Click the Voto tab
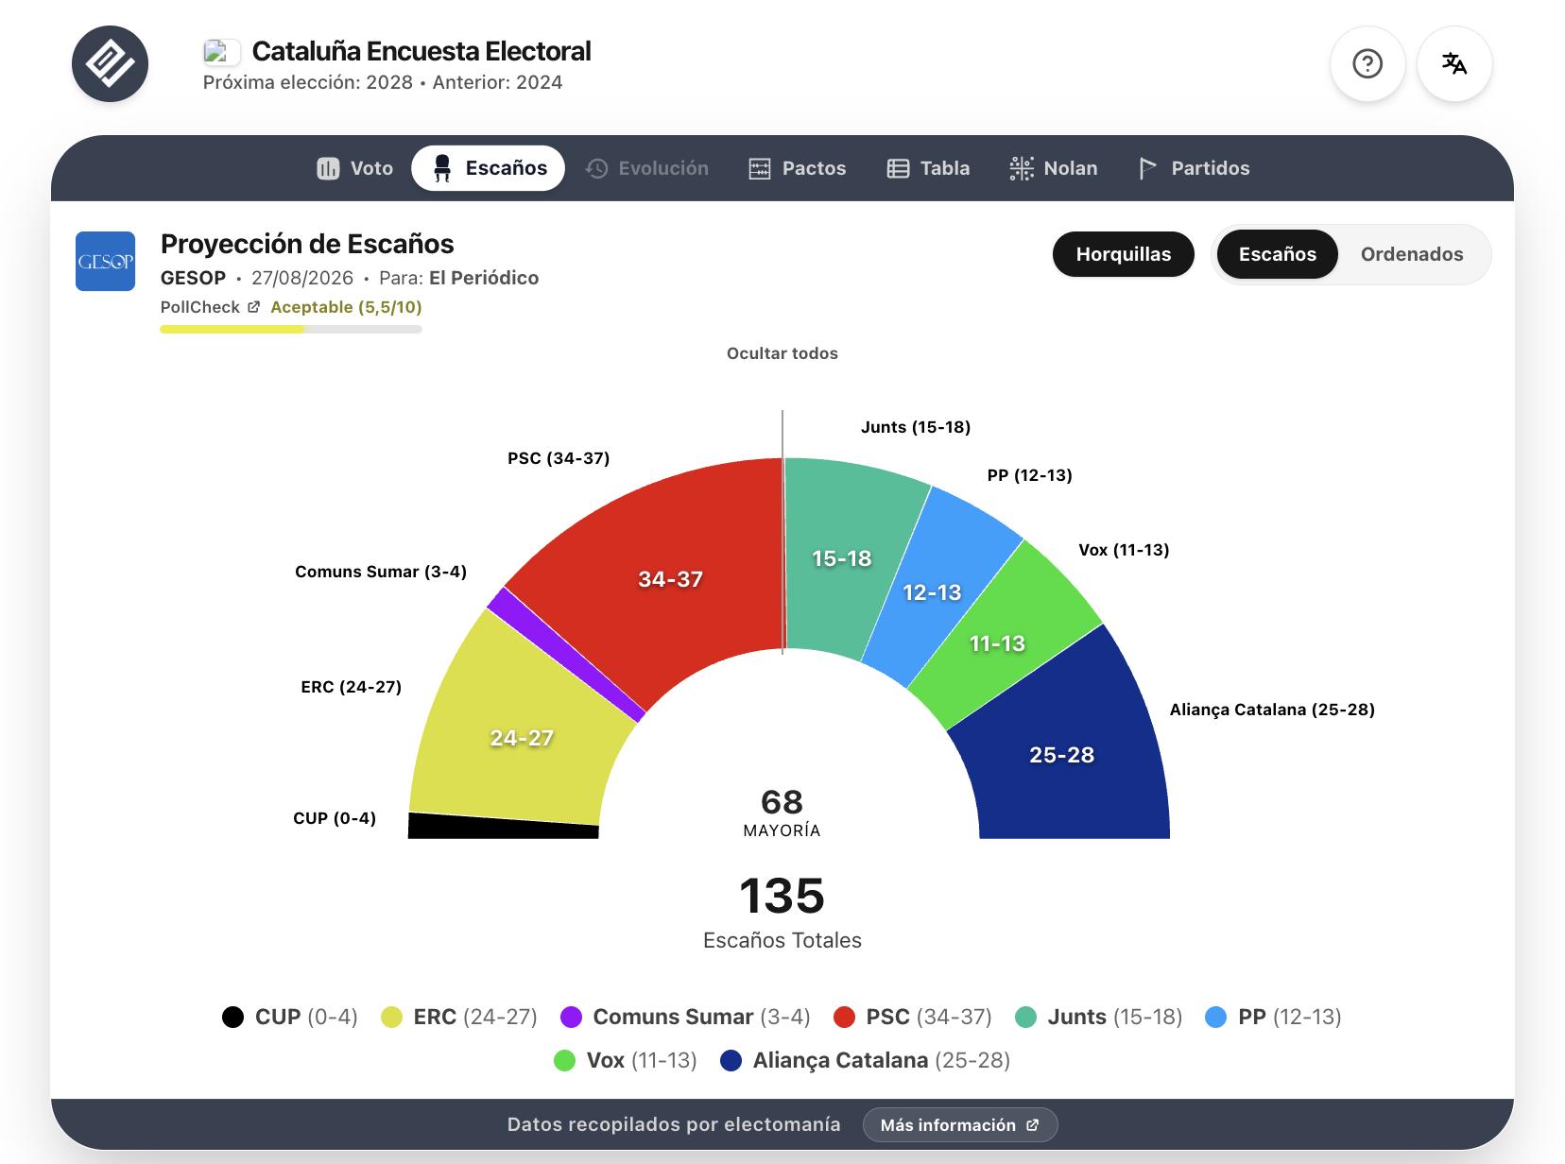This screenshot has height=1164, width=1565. (355, 168)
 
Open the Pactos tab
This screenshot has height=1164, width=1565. (798, 168)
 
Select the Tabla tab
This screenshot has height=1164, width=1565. (928, 168)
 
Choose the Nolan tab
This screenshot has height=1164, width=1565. (1054, 168)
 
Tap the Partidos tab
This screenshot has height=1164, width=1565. (1194, 168)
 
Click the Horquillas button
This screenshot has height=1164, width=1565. (1124, 254)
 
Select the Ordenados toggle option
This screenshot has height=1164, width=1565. (1412, 254)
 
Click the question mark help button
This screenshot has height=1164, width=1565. (1367, 63)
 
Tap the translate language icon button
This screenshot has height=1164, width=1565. (1454, 63)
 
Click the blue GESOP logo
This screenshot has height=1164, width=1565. (105, 261)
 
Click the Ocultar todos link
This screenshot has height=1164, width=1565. (782, 353)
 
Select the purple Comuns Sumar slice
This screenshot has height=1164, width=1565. (564, 653)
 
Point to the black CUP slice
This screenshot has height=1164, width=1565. (503, 827)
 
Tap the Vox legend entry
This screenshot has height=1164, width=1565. (626, 1060)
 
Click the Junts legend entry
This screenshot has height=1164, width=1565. (1098, 1017)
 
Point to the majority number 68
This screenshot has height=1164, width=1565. (782, 802)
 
